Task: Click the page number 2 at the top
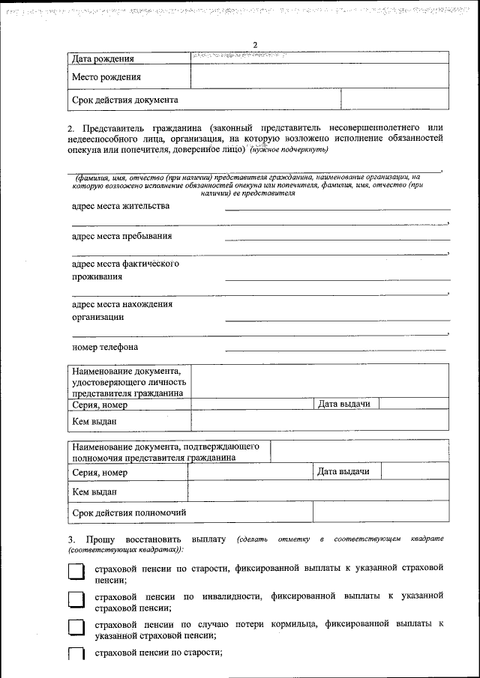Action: [255, 45]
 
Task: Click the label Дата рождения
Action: [103, 58]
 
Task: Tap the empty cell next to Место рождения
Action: [319, 76]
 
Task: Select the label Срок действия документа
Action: [124, 100]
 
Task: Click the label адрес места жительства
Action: [121, 206]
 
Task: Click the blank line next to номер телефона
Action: [334, 348]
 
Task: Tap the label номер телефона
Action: [105, 348]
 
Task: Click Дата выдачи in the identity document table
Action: [344, 404]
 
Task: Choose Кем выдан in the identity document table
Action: [94, 421]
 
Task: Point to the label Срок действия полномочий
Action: [129, 512]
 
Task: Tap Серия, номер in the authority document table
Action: [100, 473]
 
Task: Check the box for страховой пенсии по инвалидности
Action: [76, 601]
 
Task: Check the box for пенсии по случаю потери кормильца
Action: [76, 629]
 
